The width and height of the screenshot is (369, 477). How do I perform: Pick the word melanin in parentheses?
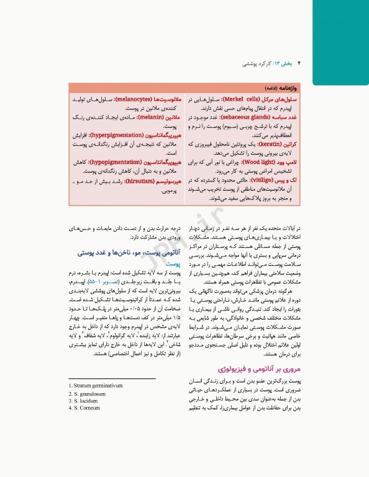pyautogui.click(x=135, y=116)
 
